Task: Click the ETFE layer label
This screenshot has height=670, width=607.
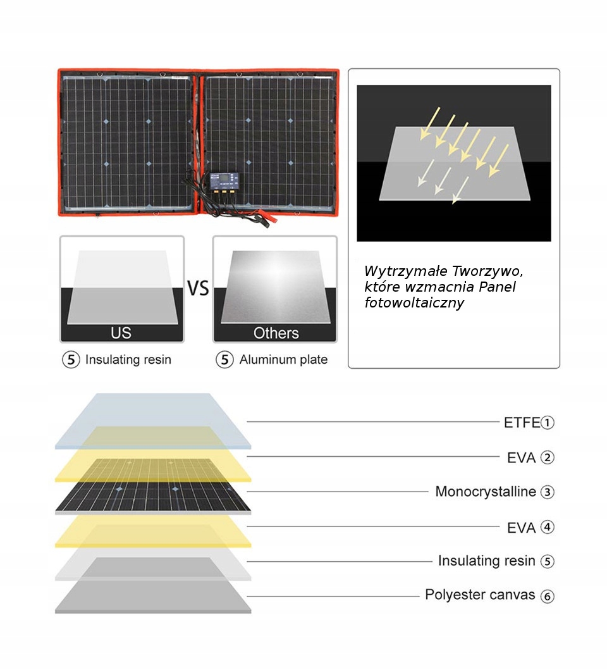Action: [x=522, y=423]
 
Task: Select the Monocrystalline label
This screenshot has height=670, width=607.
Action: [x=485, y=492]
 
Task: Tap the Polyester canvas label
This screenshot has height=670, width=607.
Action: [x=480, y=595]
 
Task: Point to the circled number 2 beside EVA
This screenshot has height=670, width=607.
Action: [x=548, y=457]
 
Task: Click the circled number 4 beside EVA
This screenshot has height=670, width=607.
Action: [x=548, y=527]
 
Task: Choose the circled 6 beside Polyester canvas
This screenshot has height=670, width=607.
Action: [x=548, y=596]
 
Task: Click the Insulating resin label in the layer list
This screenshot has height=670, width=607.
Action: [x=486, y=561]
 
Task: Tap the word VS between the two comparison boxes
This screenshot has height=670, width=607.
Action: [x=198, y=288]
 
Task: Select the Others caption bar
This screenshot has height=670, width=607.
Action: [x=276, y=333]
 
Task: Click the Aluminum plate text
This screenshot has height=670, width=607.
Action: [x=283, y=360]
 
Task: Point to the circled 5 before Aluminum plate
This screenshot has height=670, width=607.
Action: [x=224, y=360]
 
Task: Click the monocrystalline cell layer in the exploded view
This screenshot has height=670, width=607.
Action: [x=152, y=497]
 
